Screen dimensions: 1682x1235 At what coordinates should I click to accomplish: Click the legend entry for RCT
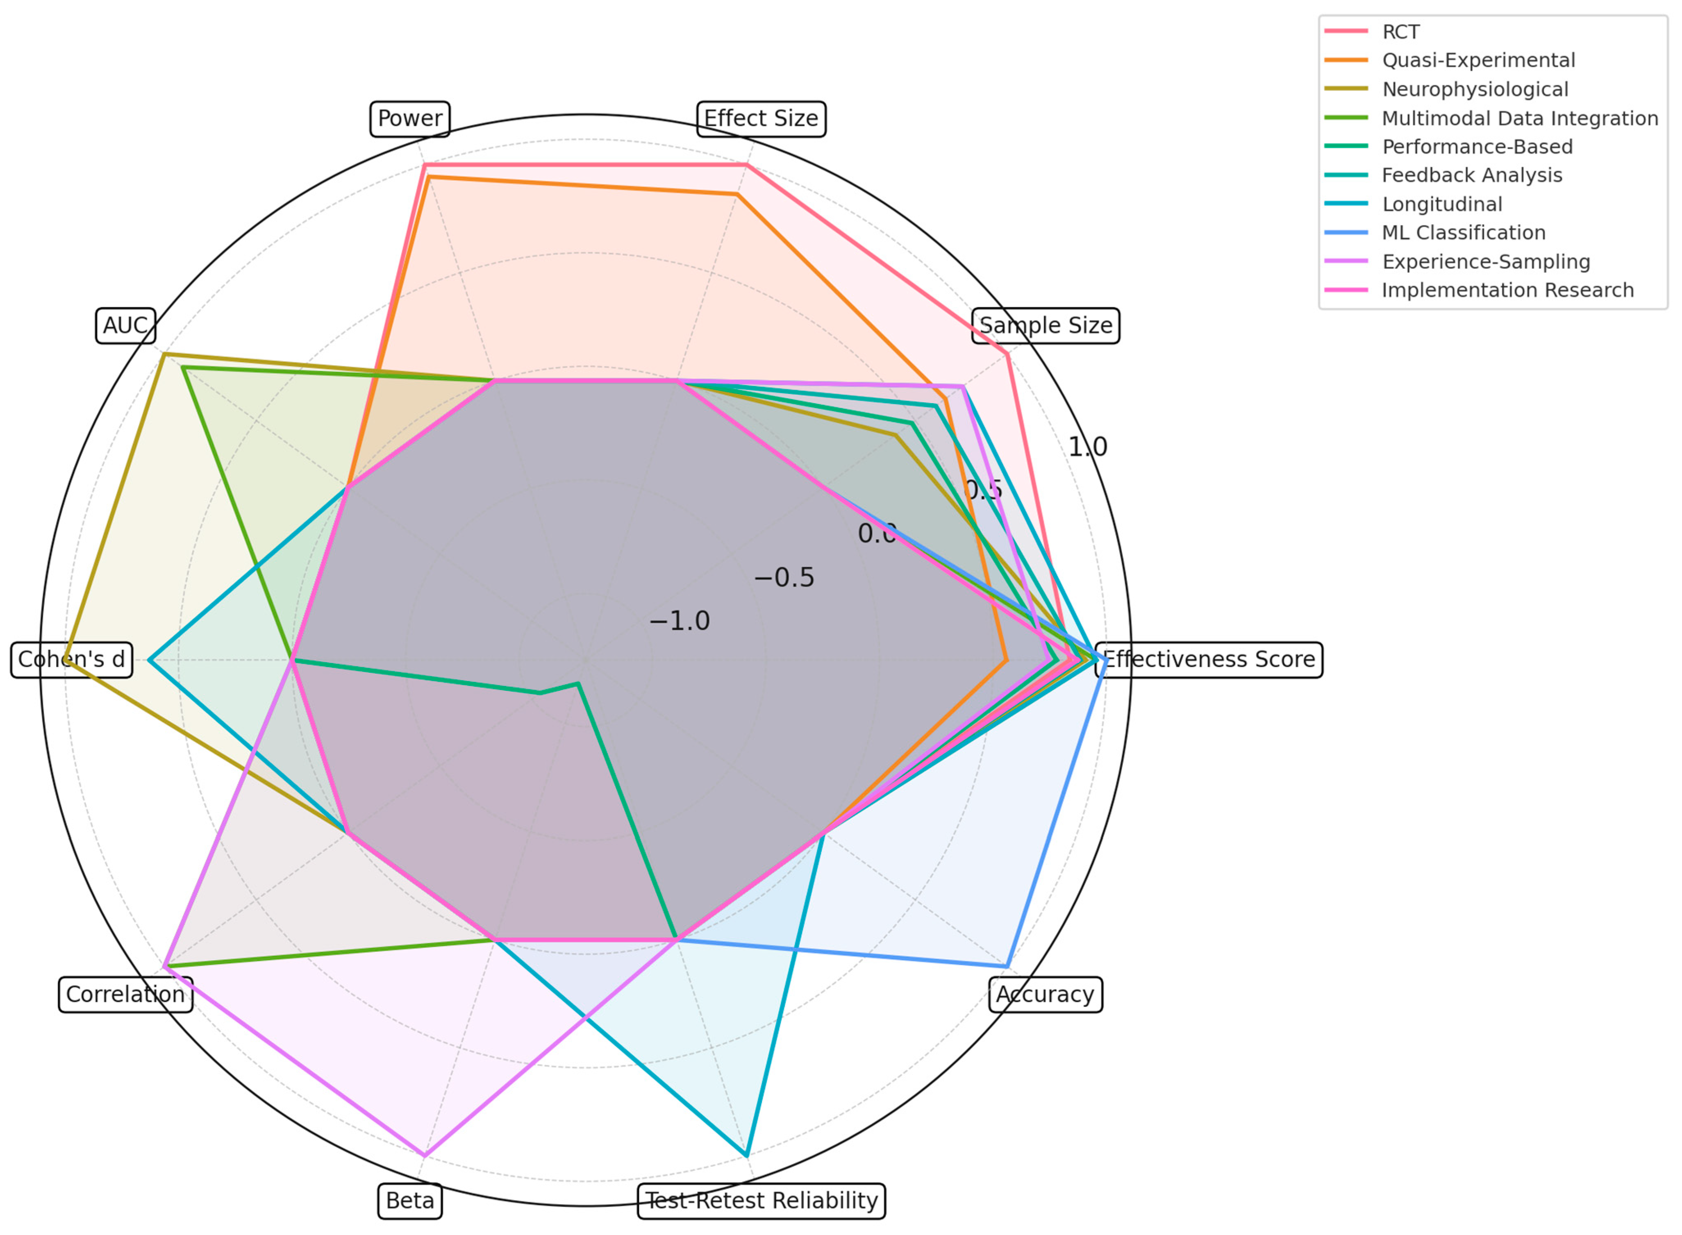1400,32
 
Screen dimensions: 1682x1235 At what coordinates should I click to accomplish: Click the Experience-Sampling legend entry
1485,262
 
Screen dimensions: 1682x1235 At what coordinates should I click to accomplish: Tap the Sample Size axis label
1045,326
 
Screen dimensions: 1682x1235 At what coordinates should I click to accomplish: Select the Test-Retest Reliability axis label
761,1201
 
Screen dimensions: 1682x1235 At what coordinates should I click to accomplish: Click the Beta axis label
410,1201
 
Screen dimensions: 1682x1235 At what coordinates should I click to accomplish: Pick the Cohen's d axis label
72,659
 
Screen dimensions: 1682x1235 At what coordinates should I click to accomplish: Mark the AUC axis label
125,326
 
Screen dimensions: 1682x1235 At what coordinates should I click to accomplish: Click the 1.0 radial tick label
1087,447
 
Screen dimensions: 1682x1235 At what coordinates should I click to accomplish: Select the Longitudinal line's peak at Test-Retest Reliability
746,1156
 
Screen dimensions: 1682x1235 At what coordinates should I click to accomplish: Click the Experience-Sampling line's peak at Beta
424,1156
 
